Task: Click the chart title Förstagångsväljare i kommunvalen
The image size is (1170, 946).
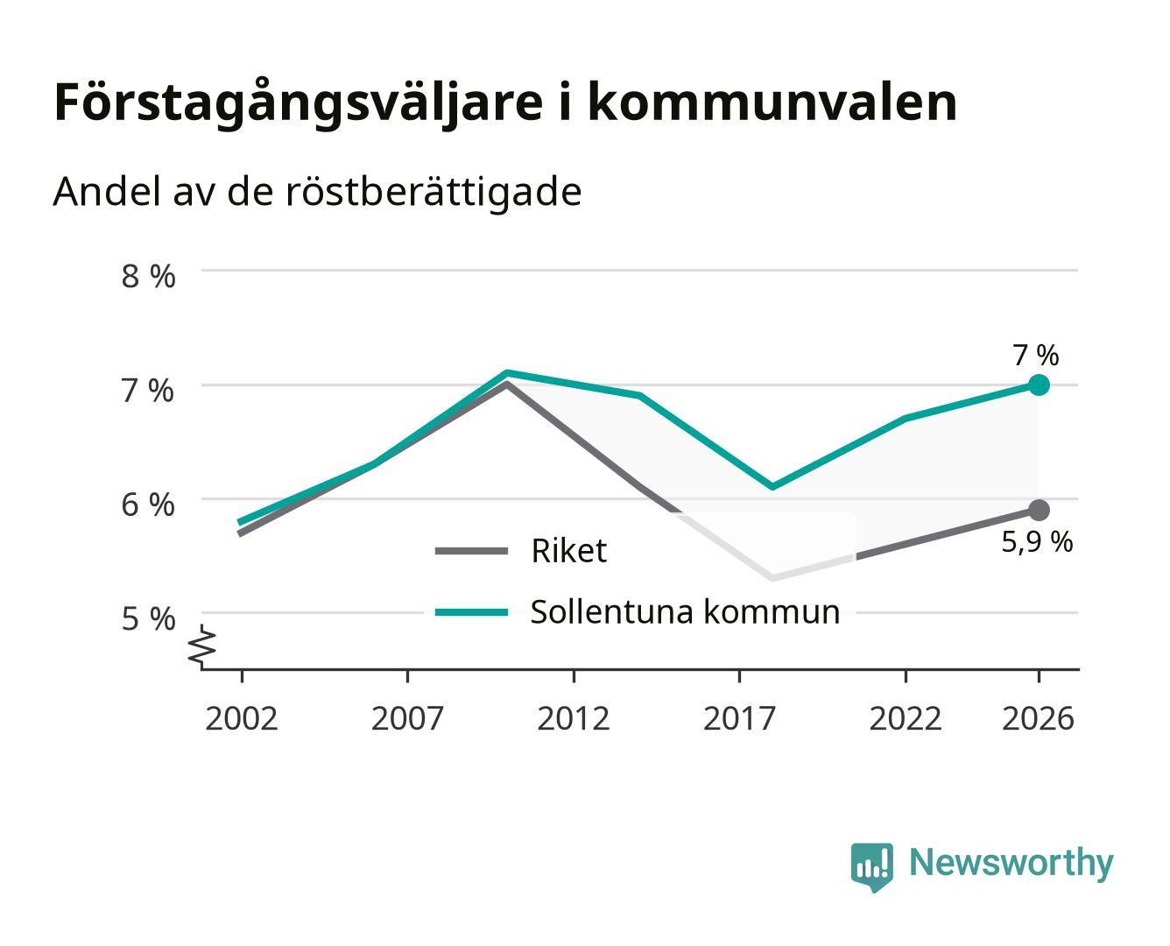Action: click(505, 102)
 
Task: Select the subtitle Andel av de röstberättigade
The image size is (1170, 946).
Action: click(317, 193)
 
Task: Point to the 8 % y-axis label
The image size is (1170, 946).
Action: click(148, 276)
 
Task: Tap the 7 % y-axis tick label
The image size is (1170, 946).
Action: click(148, 392)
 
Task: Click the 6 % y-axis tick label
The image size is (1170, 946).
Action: click(148, 505)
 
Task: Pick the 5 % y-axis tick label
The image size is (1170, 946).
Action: click(148, 619)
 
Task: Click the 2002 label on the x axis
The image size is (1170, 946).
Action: click(242, 718)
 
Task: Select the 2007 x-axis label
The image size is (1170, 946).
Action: click(407, 718)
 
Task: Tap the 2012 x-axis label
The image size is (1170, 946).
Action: click(574, 718)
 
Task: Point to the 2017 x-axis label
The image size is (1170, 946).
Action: click(739, 718)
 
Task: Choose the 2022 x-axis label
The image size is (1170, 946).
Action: click(906, 718)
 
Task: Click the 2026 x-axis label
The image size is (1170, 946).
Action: click(1038, 718)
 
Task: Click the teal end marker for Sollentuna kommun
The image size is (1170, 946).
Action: click(1038, 385)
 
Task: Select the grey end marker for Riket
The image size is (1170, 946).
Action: click(1038, 511)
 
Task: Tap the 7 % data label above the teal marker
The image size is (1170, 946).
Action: click(1036, 355)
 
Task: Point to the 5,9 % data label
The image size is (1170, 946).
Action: click(1037, 542)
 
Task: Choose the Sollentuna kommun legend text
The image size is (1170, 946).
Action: click(685, 611)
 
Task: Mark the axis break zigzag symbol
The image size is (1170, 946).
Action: click(202, 646)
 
